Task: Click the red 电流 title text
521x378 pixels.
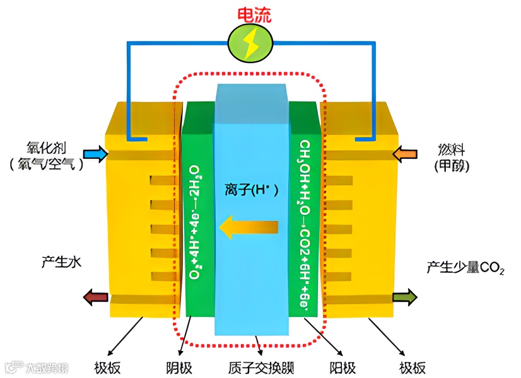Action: (254, 14)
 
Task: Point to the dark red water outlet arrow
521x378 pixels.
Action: (95, 297)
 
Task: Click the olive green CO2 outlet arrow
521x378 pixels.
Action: (405, 297)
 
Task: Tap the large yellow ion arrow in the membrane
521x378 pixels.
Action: (249, 227)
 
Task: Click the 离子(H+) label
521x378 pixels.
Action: (250, 189)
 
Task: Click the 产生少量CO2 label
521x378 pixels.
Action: (465, 268)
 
